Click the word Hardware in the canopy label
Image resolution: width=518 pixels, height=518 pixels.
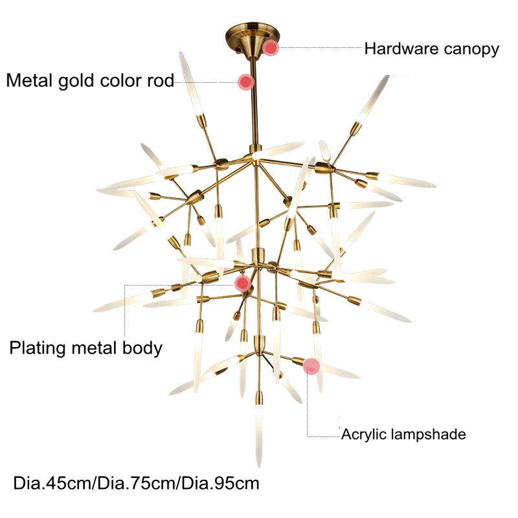[401, 49]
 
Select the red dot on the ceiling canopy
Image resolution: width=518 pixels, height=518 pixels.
[271, 48]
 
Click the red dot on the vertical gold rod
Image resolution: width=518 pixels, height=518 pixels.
[246, 82]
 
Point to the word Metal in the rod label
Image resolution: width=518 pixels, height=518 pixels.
[30, 80]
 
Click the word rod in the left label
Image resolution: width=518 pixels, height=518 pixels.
[160, 80]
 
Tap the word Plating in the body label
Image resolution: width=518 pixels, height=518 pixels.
[38, 348]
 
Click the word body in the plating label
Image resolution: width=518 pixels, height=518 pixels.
[142, 348]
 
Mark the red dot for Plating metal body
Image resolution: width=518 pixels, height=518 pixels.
[243, 283]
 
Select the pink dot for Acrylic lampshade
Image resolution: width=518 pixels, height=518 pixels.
[311, 366]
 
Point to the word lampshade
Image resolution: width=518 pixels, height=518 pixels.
[428, 434]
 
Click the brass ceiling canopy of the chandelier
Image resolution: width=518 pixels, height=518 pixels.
[253, 39]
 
